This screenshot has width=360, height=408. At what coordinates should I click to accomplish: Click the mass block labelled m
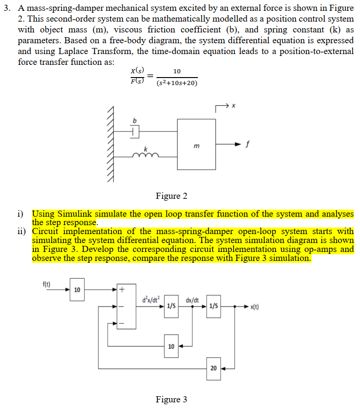pyautogui.click(x=196, y=144)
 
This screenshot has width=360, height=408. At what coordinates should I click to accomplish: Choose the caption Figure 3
pyautogui.click(x=171, y=399)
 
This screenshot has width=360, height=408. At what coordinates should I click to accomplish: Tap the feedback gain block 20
pyautogui.click(x=213, y=368)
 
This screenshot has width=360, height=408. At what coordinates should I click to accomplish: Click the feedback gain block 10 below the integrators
pyautogui.click(x=171, y=346)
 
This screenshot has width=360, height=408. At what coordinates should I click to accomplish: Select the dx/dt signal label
pyautogui.click(x=192, y=299)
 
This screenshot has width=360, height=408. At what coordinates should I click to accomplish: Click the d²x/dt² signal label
pyautogui.click(x=151, y=298)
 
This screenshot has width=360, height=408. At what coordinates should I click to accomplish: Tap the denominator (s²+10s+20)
pyautogui.click(x=176, y=83)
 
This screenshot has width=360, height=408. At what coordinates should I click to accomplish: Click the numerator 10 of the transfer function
pyautogui.click(x=177, y=71)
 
